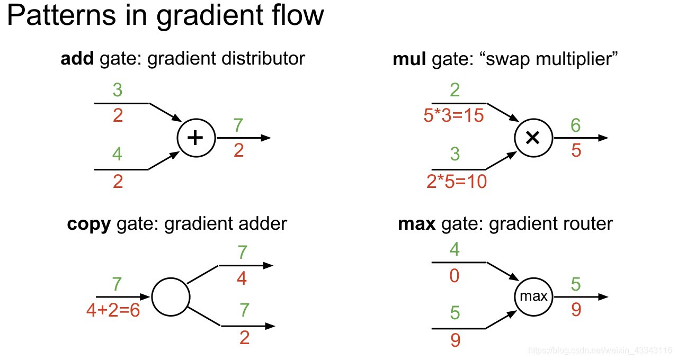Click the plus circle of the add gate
coord(196,138)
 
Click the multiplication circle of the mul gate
coord(533,138)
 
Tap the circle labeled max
coord(533,296)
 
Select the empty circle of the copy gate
coord(171,296)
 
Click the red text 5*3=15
coord(454,115)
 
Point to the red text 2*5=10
coord(457,182)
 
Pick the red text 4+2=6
coord(113,310)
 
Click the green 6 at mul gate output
coord(576,125)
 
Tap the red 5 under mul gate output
coord(576,150)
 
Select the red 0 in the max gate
coord(454,275)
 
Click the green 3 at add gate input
coord(118,90)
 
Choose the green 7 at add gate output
coord(238,125)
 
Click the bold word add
coord(77,58)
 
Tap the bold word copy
coord(88,224)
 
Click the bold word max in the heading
coord(416,224)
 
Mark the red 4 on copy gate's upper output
coord(242,278)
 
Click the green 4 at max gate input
coord(454,249)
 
